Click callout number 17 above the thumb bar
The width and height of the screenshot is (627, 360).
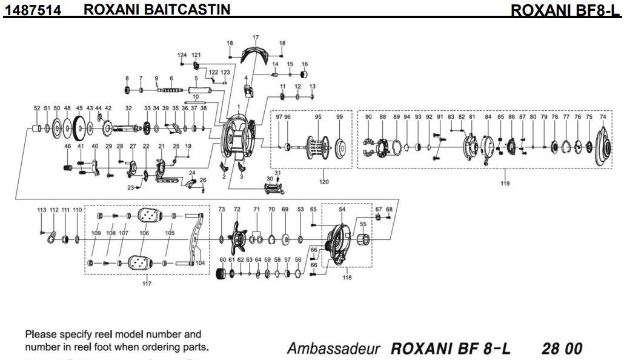pos(255,38)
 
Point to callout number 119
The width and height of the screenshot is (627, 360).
pos(505,183)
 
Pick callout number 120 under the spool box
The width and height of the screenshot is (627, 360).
pos(324,182)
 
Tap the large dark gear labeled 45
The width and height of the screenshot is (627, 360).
pos(79,128)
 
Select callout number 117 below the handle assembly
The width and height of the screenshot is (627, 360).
pos(147,284)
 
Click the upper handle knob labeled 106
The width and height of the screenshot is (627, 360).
pos(148,215)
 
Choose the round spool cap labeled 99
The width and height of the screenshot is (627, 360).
pos(340,145)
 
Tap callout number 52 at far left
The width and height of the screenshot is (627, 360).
pos(37,108)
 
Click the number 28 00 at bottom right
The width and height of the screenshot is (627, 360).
pos(562,349)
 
